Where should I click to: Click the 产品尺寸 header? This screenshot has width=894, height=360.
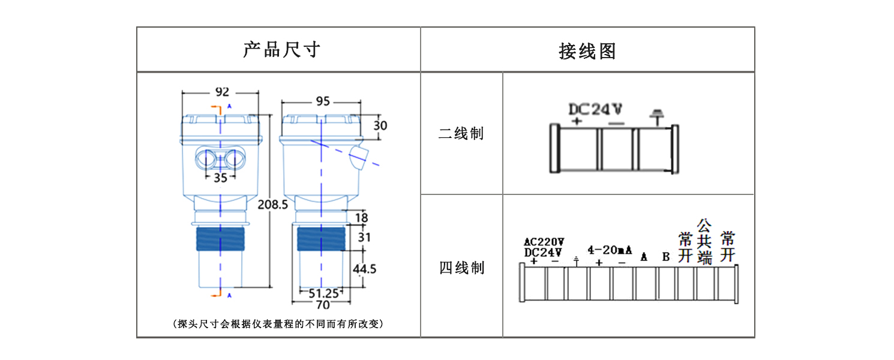coord(281,50)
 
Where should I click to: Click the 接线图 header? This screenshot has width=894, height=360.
coord(587,52)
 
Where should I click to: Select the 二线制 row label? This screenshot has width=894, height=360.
coord(461,133)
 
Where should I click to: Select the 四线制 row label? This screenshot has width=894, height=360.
coord(462,268)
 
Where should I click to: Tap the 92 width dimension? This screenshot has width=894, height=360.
coord(223,92)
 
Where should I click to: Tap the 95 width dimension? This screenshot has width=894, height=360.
coord(323,101)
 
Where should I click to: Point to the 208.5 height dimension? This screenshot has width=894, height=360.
coord(272,205)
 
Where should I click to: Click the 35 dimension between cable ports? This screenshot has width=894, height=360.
coord(220,178)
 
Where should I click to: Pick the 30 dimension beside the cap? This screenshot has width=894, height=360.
coord(380,126)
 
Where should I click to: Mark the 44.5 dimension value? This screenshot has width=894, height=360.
coord(364,269)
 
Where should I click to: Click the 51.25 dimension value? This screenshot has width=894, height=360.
coord(323,294)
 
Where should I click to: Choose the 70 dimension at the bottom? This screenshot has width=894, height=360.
coord(323,305)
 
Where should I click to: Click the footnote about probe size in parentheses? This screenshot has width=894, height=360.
coord(278,323)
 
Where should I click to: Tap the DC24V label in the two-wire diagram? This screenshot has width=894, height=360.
coord(595,109)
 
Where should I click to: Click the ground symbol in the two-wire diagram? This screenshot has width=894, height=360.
coord(656,117)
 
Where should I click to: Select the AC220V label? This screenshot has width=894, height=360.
coord(544,242)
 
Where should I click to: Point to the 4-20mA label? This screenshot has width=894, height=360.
coord(610,250)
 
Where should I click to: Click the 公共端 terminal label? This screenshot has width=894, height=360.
coord(704,242)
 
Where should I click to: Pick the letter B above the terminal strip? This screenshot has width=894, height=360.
coord(666,257)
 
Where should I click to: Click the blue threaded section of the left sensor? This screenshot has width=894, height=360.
coord(220,239)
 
